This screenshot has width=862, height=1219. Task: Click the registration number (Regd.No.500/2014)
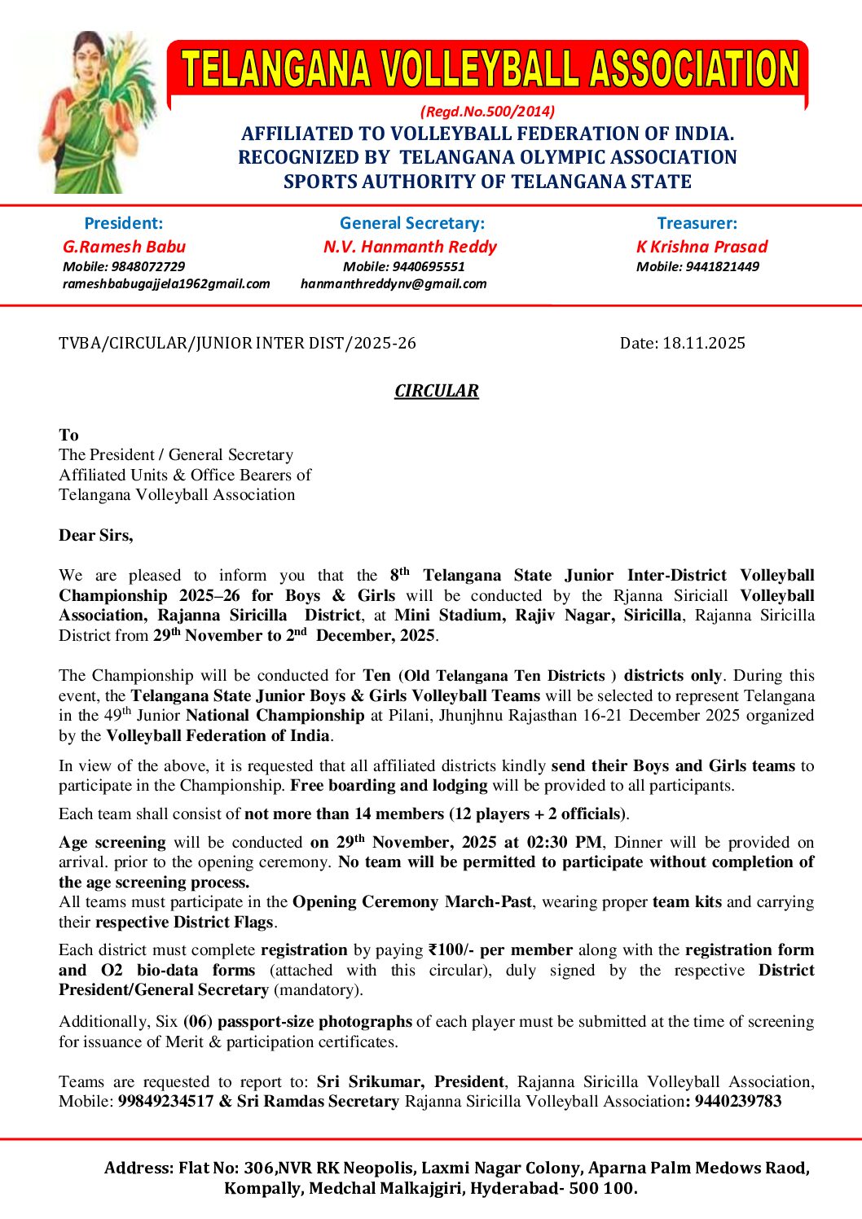click(487, 112)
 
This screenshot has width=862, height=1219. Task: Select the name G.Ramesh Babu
click(124, 247)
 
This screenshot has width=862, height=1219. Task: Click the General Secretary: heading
click(411, 223)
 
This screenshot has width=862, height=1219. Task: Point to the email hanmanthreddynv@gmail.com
click(394, 283)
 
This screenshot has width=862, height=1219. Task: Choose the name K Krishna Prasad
click(701, 247)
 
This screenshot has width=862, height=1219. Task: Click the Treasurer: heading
click(697, 223)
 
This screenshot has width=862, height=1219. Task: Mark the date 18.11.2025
click(704, 343)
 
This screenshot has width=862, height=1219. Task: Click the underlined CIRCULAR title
click(437, 391)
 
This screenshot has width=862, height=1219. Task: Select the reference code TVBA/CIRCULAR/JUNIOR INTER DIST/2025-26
click(237, 343)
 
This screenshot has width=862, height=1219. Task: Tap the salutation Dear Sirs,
click(95, 535)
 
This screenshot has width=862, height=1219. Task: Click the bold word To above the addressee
click(68, 435)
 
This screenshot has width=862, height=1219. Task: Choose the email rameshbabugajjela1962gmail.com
click(166, 283)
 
